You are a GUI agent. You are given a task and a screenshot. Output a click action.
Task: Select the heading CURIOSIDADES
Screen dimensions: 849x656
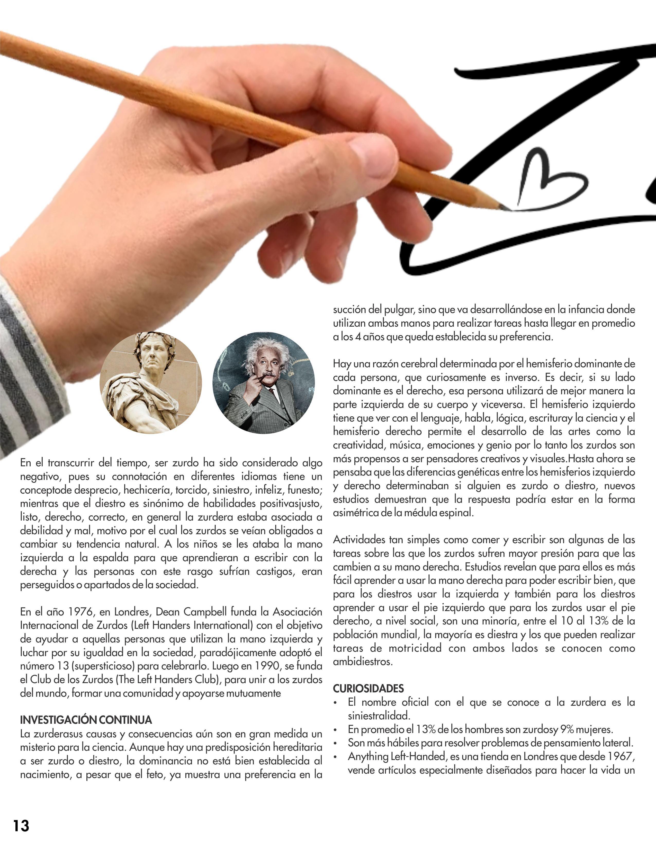pyautogui.click(x=369, y=688)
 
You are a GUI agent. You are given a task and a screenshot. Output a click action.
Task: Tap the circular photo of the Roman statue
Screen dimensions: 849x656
pyautogui.click(x=151, y=383)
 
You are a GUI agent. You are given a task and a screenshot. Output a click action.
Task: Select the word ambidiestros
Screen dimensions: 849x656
pyautogui.click(x=363, y=662)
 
